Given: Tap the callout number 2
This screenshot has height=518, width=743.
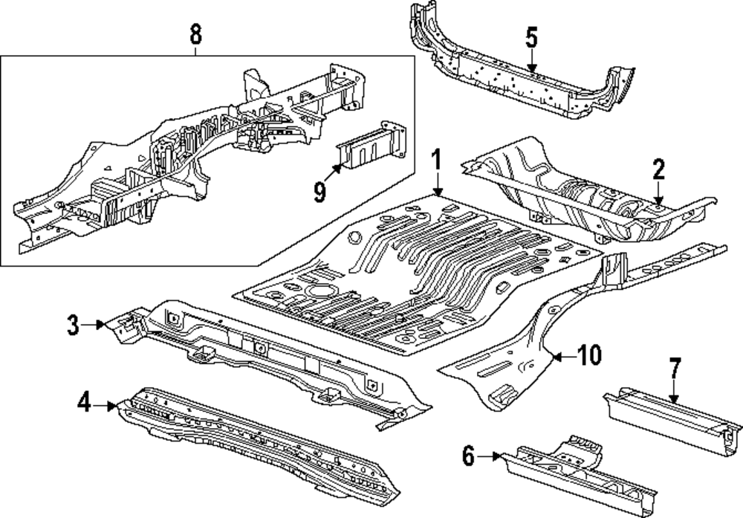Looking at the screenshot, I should (x=658, y=170).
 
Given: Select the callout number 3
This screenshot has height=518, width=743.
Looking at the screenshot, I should (x=73, y=324).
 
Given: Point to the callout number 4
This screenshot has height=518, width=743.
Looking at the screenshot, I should (x=84, y=404).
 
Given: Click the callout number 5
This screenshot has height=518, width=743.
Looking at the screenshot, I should (x=531, y=38).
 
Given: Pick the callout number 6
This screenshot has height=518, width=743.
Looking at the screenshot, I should (x=468, y=456).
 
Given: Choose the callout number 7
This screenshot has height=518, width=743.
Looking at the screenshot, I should (x=674, y=369).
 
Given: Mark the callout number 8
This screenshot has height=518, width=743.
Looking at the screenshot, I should (x=195, y=33).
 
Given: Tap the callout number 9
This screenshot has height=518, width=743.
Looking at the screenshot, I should (x=319, y=192).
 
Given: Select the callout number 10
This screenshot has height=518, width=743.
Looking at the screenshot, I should (x=588, y=356).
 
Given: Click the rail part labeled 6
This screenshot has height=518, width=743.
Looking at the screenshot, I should (x=580, y=476).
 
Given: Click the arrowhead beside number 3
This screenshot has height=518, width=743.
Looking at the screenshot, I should (x=103, y=324).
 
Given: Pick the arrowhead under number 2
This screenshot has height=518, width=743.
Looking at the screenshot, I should (x=658, y=201).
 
